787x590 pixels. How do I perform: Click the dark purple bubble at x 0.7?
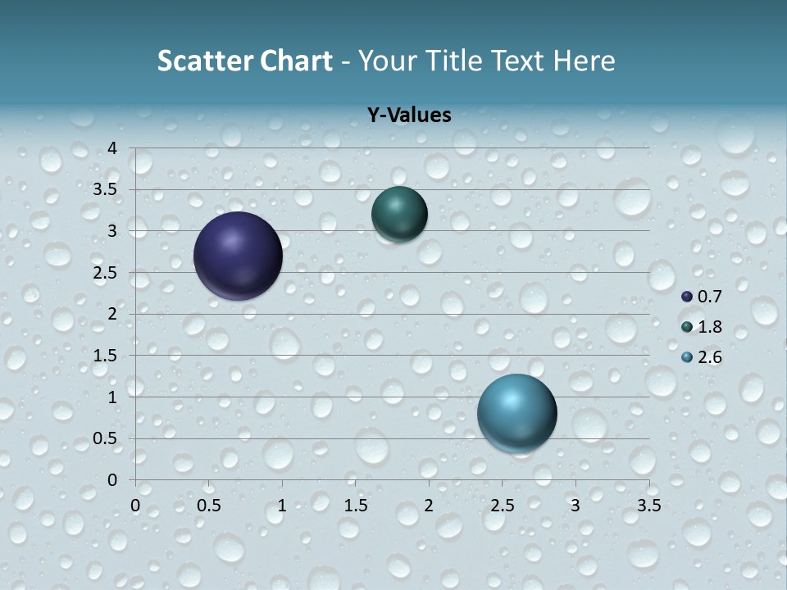click(x=238, y=256)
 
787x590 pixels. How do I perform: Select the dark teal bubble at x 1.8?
click(x=399, y=214)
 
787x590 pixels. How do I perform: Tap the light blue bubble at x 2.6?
click(x=516, y=413)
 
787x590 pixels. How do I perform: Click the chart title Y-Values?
click(x=408, y=115)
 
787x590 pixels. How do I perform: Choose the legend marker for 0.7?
click(x=687, y=296)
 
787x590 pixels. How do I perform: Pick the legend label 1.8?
click(x=709, y=326)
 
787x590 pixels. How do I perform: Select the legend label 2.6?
click(x=709, y=356)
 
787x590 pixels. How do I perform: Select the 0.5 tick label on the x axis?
click(x=209, y=506)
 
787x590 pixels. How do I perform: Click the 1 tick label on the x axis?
click(x=282, y=506)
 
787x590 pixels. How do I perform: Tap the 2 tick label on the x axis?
click(x=429, y=506)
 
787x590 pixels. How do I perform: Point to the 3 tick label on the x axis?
click(x=575, y=506)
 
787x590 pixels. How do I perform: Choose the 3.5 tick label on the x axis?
click(x=648, y=506)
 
